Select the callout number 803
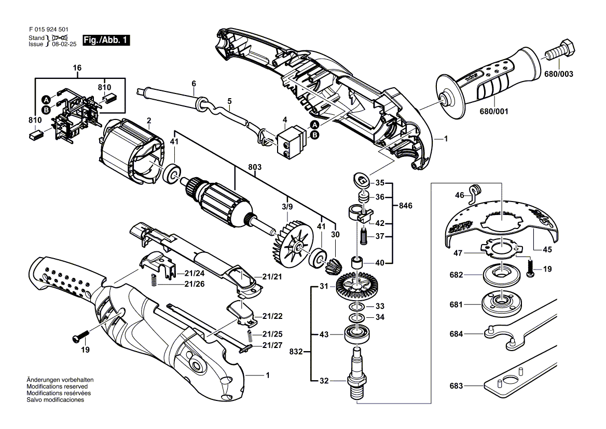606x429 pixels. pyautogui.click(x=255, y=167)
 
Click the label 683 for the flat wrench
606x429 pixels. pyautogui.click(x=456, y=386)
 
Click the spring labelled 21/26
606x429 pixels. pyautogui.click(x=154, y=281)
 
